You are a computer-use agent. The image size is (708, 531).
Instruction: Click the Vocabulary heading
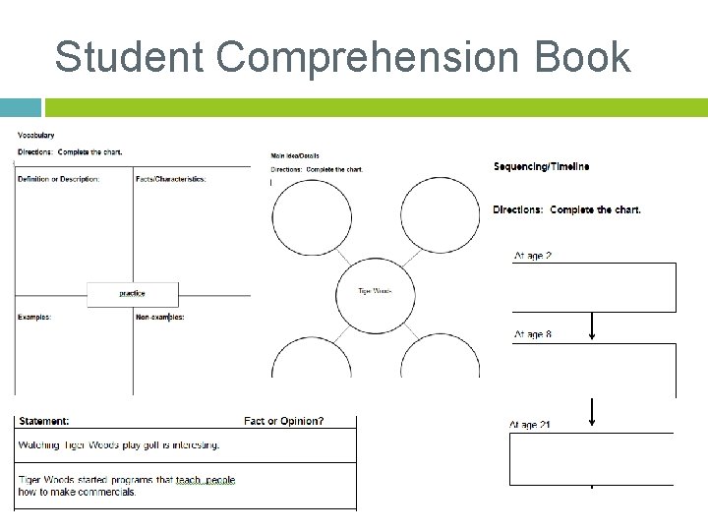(x=36, y=135)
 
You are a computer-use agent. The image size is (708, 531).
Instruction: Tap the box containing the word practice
(x=132, y=293)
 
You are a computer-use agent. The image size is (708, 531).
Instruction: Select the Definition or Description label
(x=59, y=179)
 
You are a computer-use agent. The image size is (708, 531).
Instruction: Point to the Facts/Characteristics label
(x=171, y=179)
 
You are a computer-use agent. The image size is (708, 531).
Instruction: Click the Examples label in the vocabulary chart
(x=34, y=317)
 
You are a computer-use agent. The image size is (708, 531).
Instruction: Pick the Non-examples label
(x=160, y=317)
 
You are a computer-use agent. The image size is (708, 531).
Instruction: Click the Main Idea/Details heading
(x=295, y=156)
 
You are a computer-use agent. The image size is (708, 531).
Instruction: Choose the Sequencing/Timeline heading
(x=542, y=167)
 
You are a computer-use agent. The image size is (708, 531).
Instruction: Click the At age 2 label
(x=533, y=256)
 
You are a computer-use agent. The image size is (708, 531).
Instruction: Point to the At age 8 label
(x=533, y=334)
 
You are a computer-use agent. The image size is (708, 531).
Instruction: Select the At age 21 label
(x=530, y=425)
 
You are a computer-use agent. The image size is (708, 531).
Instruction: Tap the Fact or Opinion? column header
(x=284, y=421)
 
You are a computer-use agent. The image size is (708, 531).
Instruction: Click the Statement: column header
(x=44, y=421)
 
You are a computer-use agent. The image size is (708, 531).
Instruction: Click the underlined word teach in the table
(x=188, y=480)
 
